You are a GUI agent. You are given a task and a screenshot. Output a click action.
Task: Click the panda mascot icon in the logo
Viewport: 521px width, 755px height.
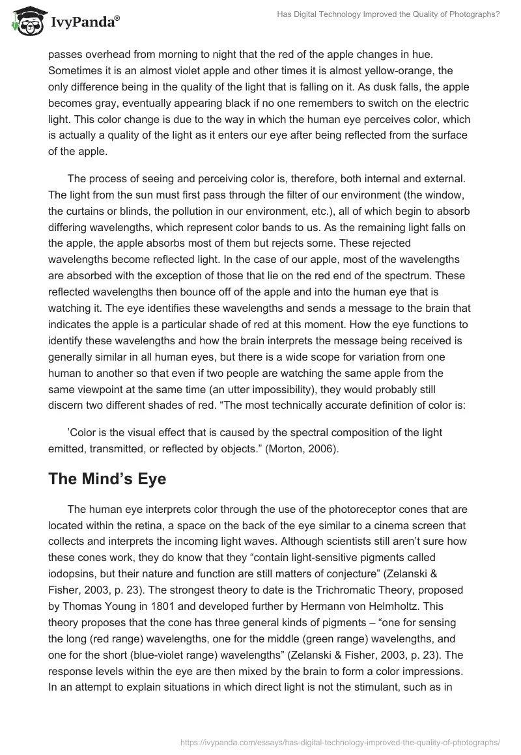pyautogui.click(x=26, y=22)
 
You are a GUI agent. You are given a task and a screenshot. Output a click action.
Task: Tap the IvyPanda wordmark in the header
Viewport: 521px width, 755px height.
pyautogui.click(x=83, y=24)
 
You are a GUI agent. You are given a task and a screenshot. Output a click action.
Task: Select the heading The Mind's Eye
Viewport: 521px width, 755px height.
pyautogui.click(x=107, y=479)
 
